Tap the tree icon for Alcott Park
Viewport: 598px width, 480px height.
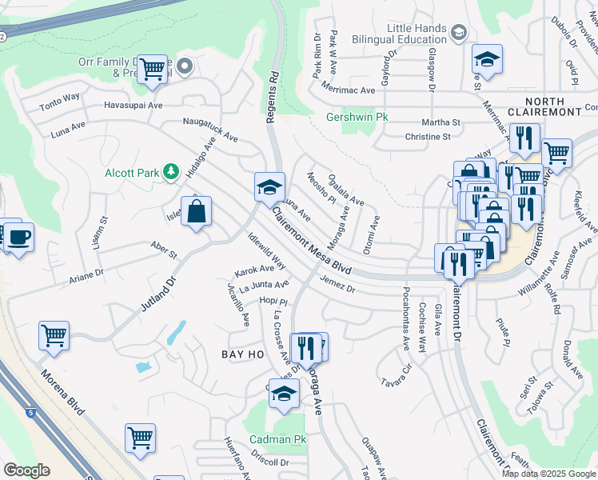coord(169,172)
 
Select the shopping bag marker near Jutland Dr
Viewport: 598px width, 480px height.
coord(196,213)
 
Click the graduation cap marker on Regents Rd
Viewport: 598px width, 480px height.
coord(270,188)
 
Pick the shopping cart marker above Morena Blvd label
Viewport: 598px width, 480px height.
coord(54,336)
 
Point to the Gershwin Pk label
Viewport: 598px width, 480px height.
coord(357,117)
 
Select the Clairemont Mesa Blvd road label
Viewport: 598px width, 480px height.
coord(312,241)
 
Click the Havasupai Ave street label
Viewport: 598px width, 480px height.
coord(133,106)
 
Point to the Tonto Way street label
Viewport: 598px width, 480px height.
coord(60,98)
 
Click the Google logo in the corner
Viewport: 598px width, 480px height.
coord(27,470)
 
